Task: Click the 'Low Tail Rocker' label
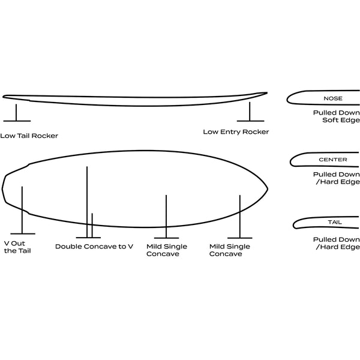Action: pos(29,136)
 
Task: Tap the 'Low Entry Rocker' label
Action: pos(236,132)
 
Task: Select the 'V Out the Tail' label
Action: pos(17,247)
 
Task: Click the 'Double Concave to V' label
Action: pos(94,247)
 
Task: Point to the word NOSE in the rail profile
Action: pos(333,98)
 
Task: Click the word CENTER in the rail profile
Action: pos(333,160)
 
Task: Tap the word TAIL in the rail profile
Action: pos(335,222)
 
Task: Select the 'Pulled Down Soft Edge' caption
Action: pos(337,116)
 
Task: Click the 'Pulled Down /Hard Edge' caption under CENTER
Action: pos(337,178)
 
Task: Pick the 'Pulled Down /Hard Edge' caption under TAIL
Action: pos(337,244)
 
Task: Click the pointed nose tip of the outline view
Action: pos(268,189)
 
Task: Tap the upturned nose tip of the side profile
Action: pos(267,93)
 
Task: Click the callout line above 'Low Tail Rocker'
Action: pos(16,113)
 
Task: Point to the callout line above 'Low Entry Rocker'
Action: pos(250,112)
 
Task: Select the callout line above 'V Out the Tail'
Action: pos(22,210)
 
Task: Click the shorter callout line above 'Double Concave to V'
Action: pos(92,226)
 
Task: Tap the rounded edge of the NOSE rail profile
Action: pos(287,99)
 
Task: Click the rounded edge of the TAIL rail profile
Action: pos(293,225)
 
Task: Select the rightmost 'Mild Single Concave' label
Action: pos(230,250)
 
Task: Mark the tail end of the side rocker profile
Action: pos(4,97)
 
